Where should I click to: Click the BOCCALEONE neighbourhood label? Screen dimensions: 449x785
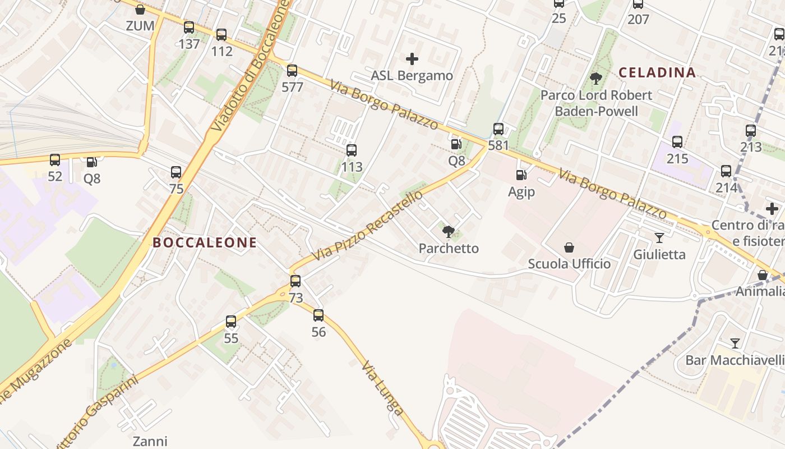pos(205,242)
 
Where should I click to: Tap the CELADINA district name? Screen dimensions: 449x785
pos(657,72)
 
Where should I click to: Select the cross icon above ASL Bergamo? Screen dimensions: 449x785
pos(412,58)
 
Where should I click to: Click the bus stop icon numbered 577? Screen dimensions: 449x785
pos(292,71)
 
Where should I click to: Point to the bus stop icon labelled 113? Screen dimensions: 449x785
pos(352,150)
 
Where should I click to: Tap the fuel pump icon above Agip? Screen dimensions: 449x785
pos(521,175)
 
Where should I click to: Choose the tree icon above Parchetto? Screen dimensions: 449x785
pos(448,231)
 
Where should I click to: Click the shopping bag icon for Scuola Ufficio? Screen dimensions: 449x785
pos(569,247)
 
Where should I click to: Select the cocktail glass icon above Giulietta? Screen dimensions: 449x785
pos(659,238)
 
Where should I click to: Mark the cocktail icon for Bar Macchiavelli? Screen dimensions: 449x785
pos(735,343)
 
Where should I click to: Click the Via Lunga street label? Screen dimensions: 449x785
pos(382,388)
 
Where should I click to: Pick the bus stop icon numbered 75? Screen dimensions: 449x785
pos(176,172)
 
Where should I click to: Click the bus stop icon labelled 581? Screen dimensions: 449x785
pos(498,129)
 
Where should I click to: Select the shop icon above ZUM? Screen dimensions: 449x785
pos(140,10)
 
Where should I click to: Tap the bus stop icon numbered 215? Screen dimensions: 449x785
pos(677,142)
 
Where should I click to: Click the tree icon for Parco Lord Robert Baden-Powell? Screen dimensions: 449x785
pos(596,79)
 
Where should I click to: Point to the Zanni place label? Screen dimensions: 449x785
pos(150,441)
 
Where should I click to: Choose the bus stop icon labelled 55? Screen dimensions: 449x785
pos(231,322)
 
